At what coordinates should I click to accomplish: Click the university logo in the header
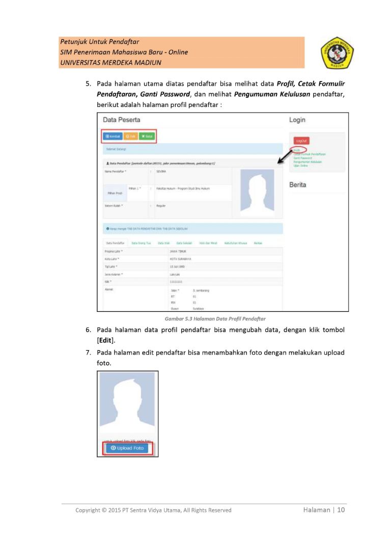click(x=338, y=53)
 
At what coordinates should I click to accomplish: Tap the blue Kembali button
click(x=113, y=136)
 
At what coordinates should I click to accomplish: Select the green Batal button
click(x=147, y=136)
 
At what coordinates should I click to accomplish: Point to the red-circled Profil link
click(x=297, y=150)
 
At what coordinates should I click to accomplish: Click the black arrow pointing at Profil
click(x=282, y=158)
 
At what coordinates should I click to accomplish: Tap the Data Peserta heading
click(x=121, y=120)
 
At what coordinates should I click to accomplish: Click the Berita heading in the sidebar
click(x=297, y=184)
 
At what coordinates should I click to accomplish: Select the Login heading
click(x=297, y=120)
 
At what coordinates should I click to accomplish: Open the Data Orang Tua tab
click(x=141, y=243)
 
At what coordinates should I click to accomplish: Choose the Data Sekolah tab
click(x=183, y=243)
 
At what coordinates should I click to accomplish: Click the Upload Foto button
click(x=127, y=449)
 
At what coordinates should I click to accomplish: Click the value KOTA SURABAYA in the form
click(x=177, y=259)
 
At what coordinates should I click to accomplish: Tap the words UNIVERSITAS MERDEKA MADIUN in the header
click(x=110, y=63)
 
